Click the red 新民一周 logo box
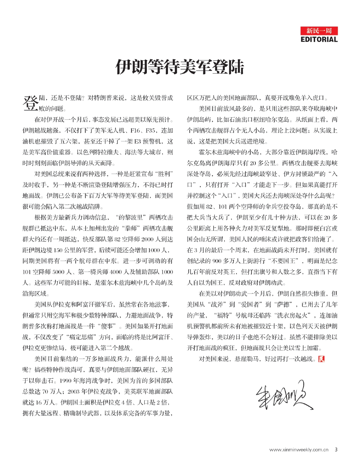tap(319, 31)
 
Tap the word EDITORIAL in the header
tap(319, 39)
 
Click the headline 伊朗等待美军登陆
tap(180, 67)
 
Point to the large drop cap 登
tap(31, 103)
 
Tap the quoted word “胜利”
tap(164, 174)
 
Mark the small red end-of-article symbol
tap(321, 359)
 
